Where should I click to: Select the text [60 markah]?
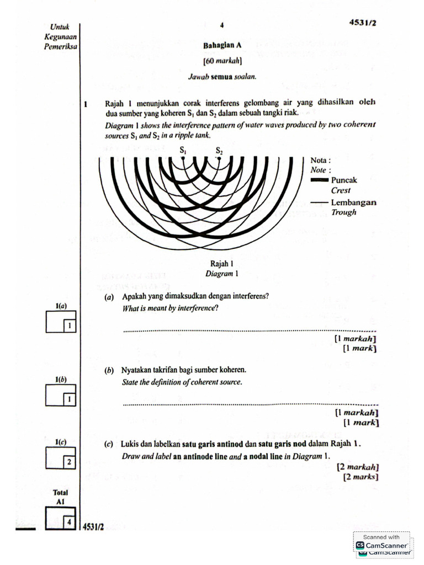coord(222,62)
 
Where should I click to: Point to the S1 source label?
coord(183,150)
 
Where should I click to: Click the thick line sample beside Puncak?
coord(320,180)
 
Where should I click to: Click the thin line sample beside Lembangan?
coord(320,202)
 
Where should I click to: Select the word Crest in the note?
coord(341,190)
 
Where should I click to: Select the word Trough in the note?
coord(344,212)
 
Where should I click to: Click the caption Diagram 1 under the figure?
coord(222,274)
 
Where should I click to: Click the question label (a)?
coord(109,297)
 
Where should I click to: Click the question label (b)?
coord(109,371)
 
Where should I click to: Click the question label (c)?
coord(109,445)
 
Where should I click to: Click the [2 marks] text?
coord(361,476)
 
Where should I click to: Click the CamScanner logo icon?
coord(360,545)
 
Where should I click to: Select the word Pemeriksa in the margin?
coord(60,47)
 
